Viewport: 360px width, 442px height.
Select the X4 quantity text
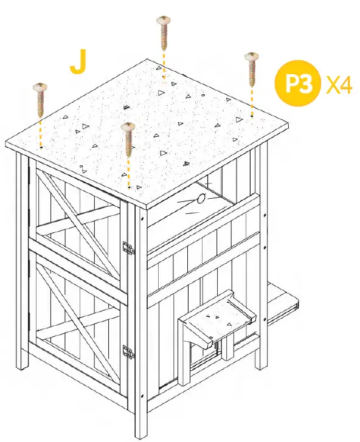[339, 83]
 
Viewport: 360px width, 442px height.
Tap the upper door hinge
[128, 247]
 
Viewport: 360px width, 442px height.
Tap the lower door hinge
[128, 351]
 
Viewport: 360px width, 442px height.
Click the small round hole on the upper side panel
[201, 198]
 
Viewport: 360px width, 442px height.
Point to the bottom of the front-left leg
[22, 365]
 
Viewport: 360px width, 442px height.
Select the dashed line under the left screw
[40, 131]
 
